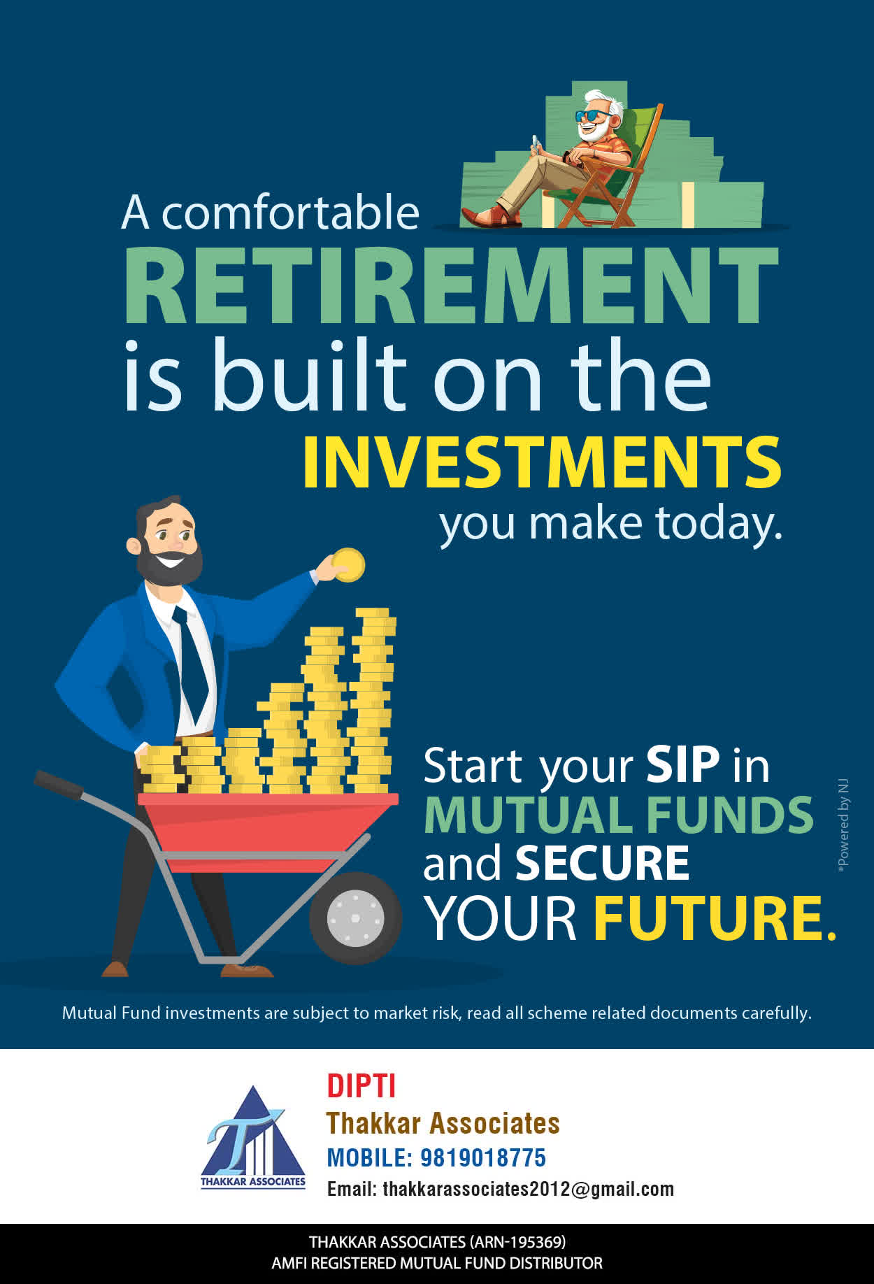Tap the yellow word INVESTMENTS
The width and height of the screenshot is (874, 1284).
point(542,462)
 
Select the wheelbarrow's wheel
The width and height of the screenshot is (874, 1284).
point(355,918)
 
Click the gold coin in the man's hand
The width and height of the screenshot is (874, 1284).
point(348,565)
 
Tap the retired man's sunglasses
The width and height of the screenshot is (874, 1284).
point(592,115)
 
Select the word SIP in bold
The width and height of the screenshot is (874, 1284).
point(682,764)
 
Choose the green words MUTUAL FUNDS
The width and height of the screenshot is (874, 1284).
point(619,815)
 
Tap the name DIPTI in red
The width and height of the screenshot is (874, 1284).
point(361,1086)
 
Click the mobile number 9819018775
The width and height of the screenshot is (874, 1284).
point(482,1157)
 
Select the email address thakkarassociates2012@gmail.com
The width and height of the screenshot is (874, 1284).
point(528,1189)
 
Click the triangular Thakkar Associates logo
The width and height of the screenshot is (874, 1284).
point(253,1136)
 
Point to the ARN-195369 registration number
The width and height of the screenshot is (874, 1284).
point(517,1242)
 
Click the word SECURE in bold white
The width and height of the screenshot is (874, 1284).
point(602,863)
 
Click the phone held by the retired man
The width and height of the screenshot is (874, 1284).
point(536,143)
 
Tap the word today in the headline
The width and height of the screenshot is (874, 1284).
point(719,524)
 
